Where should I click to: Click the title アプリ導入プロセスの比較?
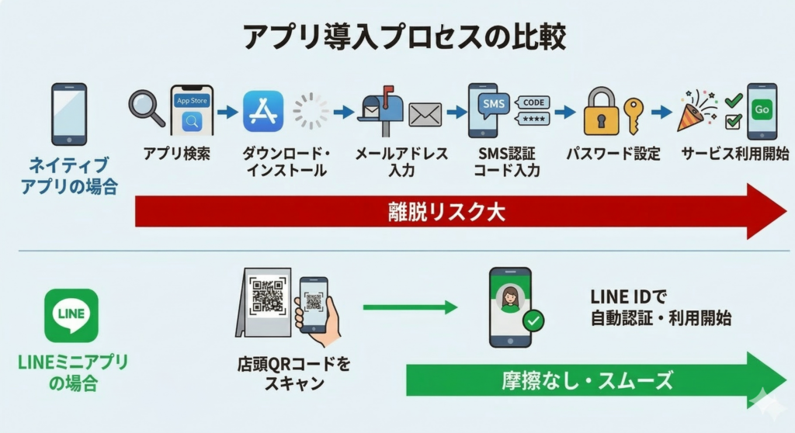pos(397,36)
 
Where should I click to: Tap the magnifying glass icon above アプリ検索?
pos(145,107)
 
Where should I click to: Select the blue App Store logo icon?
pos(263,111)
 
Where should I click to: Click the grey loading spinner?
pos(311,111)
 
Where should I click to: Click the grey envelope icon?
pos(425,115)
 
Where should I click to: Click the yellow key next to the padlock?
pos(634,115)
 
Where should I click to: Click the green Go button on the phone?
pos(762,110)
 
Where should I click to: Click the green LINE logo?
pos(71,315)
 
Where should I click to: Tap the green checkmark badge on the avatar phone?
pos(533,320)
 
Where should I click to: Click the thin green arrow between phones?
pos(410,307)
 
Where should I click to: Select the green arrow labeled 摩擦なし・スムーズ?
pos(586,380)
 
